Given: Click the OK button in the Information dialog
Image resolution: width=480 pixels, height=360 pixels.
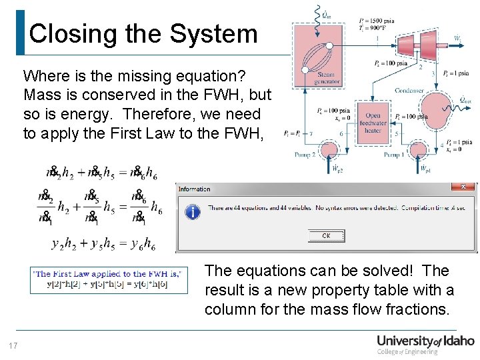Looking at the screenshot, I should pyautogui.click(x=326, y=235).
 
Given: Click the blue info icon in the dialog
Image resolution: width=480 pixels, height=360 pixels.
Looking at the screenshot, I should pyautogui.click(x=192, y=211).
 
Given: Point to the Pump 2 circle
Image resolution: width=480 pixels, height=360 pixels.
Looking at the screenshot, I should pyautogui.click(x=329, y=147).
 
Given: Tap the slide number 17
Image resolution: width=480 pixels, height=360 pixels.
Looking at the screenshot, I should pyautogui.click(x=12, y=346).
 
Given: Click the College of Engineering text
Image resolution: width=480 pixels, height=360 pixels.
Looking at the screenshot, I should pyautogui.click(x=407, y=351).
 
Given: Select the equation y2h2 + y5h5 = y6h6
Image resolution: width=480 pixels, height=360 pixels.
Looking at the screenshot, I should pyautogui.click(x=103, y=244).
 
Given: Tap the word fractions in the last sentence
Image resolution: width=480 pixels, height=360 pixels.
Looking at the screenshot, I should pyautogui.click(x=417, y=309).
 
